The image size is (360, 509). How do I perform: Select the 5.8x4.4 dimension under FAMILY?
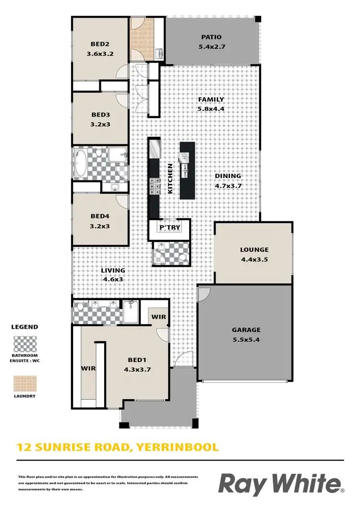coord(211,109)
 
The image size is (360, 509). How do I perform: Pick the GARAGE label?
coord(246,330)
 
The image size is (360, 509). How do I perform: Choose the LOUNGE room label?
coord(254,249)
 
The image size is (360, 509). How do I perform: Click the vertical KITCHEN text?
coord(169,178)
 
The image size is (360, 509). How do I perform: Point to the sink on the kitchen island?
coord(185,170)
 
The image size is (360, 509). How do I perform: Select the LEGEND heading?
coord(24,327)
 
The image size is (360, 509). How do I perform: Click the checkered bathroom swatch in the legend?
coord(24,344)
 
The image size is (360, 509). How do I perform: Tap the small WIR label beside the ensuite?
coord(158,317)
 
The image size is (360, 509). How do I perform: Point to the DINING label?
coord(227,176)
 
